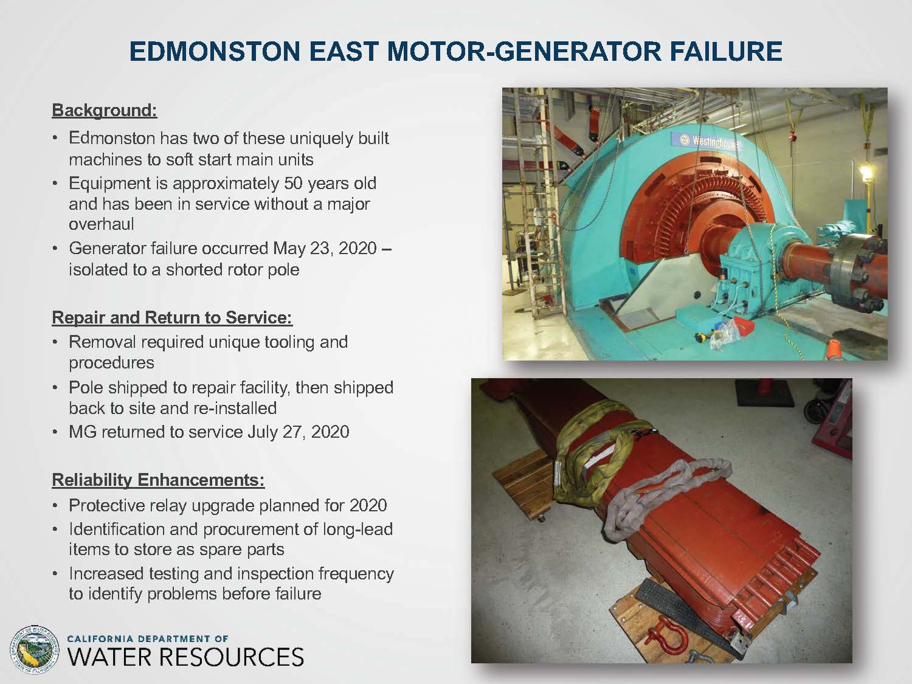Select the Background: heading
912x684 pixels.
(x=105, y=111)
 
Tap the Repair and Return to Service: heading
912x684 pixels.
(x=172, y=317)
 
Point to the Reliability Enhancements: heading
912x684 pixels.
(x=158, y=480)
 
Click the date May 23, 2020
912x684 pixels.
(x=325, y=248)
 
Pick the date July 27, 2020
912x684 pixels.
(x=299, y=432)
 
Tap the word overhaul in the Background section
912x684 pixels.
(x=102, y=224)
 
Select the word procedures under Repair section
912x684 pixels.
(x=111, y=363)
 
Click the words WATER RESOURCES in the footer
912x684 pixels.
(x=185, y=658)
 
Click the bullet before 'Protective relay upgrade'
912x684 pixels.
(x=55, y=506)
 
